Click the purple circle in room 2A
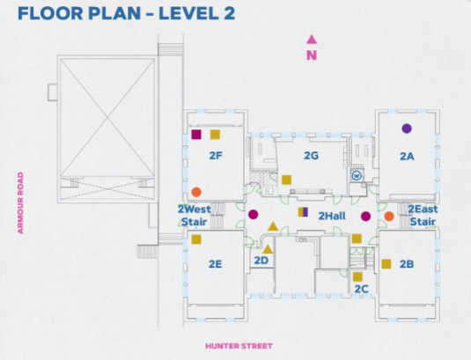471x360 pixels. click(407, 129)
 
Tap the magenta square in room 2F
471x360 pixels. click(196, 134)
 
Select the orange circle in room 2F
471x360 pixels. click(196, 192)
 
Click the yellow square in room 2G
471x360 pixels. click(287, 180)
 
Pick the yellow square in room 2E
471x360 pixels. click(196, 239)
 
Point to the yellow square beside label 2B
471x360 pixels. click(386, 264)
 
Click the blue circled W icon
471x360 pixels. click(357, 175)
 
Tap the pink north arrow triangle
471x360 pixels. click(312, 40)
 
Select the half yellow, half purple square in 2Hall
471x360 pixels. click(303, 212)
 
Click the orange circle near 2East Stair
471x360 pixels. click(389, 217)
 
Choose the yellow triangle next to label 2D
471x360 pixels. click(268, 249)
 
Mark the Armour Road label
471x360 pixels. click(20, 202)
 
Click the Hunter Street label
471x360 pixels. click(239, 346)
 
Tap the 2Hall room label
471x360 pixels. click(332, 216)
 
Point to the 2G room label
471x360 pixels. click(311, 156)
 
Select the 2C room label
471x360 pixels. click(361, 289)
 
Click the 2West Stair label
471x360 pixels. click(195, 216)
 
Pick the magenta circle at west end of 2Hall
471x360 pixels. click(254, 215)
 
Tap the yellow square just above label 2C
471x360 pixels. click(357, 276)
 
